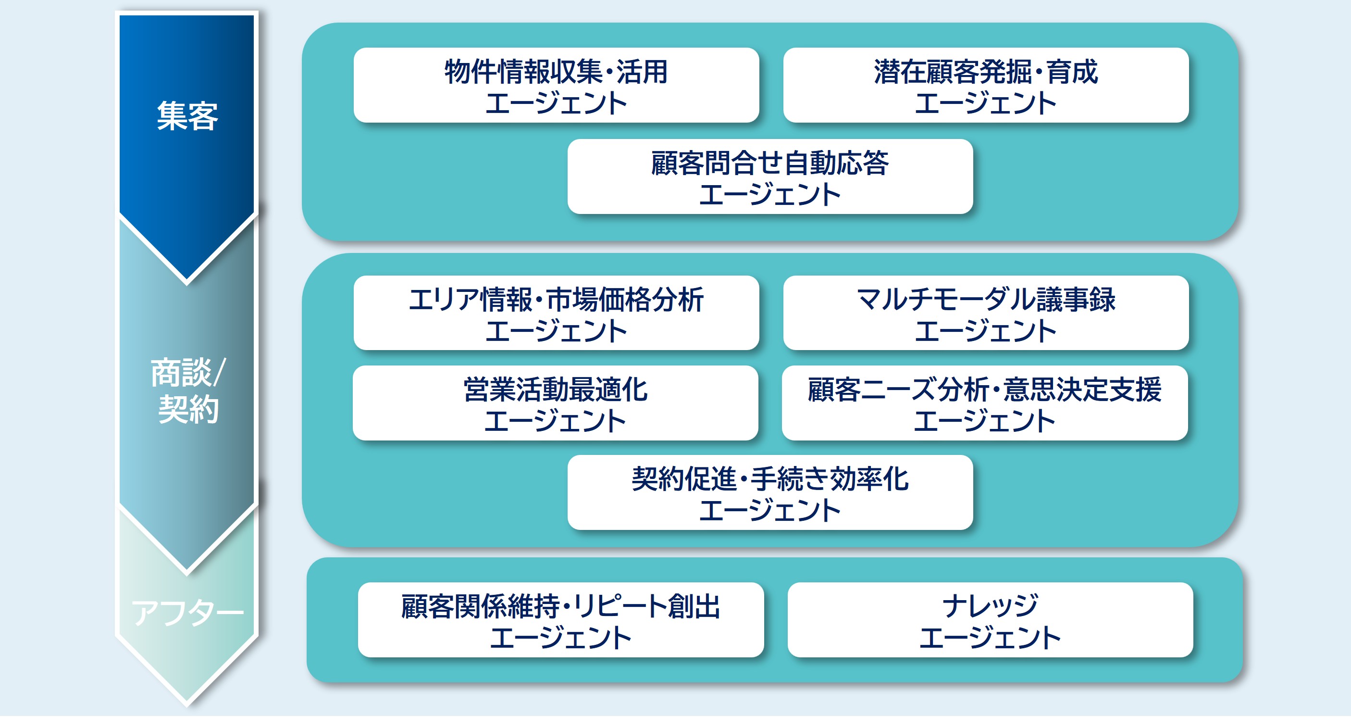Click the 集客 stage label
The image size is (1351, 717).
coord(187,116)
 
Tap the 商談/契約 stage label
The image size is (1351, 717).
coord(188,390)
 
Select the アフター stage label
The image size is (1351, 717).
coord(187,613)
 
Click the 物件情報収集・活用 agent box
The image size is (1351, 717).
coord(556,86)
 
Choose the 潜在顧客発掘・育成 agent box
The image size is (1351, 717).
coord(985,86)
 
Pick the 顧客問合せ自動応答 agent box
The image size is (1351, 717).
coord(770,177)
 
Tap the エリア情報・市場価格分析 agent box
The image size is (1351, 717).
coord(556,314)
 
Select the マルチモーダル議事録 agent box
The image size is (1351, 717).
coord(985,314)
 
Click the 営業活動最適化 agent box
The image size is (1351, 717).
coord(556,403)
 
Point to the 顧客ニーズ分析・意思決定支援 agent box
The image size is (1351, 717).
coord(984,403)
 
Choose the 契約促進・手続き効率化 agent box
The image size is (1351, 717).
coord(770,493)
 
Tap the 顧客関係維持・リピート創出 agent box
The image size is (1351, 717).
coord(561,620)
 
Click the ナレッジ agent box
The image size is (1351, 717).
coord(990,620)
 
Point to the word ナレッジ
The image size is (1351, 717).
coord(990,605)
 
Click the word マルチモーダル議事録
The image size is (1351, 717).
coord(985,299)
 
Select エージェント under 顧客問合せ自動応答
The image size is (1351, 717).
coord(770,194)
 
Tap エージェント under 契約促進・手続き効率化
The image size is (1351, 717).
coord(770,510)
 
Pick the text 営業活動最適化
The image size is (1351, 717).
coord(556,390)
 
